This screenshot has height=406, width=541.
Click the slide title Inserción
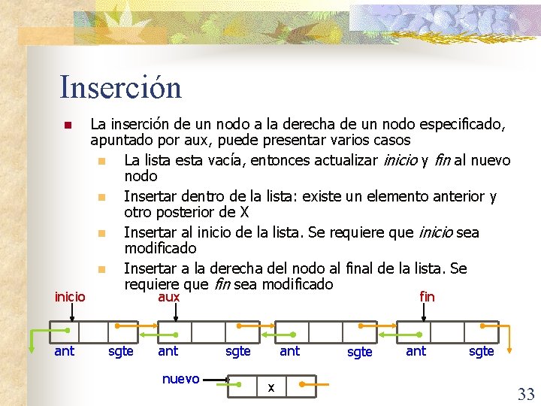121,87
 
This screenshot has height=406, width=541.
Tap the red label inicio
70,296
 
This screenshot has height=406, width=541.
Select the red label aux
168,297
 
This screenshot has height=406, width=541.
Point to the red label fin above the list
427,296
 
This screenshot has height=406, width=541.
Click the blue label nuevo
180,378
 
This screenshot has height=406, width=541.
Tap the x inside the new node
271,388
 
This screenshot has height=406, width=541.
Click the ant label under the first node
64,350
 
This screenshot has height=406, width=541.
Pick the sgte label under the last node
481,350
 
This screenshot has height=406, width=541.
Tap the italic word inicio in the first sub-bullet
402,160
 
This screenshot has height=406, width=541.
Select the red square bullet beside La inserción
67,124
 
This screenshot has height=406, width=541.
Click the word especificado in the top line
458,123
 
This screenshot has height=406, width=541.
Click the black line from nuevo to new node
216,379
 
